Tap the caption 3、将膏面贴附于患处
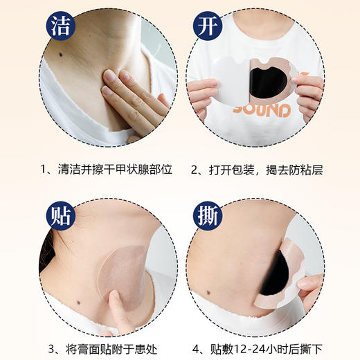(x=100, y=348)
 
